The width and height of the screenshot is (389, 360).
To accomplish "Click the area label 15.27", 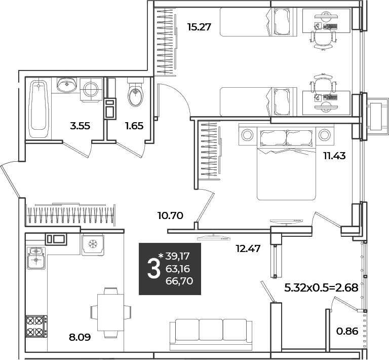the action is [x=200, y=27].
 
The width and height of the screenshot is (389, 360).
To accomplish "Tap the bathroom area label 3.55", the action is [x=80, y=126].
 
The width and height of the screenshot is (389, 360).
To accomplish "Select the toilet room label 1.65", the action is [x=134, y=126].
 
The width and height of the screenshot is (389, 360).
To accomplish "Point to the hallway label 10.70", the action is [x=170, y=215].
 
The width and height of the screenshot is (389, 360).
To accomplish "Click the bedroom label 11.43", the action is [x=334, y=156].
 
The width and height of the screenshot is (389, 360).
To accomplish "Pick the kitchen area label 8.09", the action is [x=80, y=337].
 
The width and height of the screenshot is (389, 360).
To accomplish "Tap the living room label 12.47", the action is [x=248, y=248].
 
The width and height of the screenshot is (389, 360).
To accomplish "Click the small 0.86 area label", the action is [x=347, y=331].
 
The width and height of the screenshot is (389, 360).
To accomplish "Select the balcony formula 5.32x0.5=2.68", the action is [x=321, y=288].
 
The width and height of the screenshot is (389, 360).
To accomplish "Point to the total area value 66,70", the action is [x=179, y=281].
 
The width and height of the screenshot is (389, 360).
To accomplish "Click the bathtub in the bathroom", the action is [x=38, y=109].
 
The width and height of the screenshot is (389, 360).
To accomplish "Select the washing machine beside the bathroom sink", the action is [x=91, y=89].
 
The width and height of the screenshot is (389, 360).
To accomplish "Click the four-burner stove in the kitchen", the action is [x=36, y=326].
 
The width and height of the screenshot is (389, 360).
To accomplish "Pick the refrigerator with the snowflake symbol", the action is [x=93, y=244].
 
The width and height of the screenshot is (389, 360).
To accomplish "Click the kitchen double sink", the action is [x=36, y=259].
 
